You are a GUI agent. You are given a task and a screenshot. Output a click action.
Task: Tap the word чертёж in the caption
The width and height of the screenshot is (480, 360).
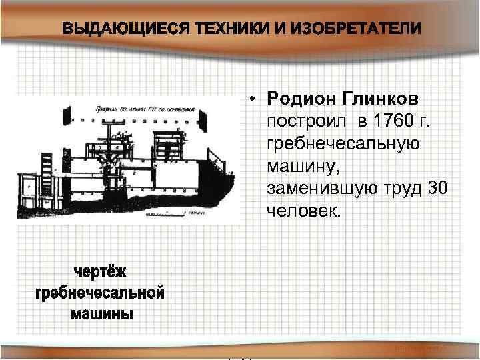click(x=99, y=273)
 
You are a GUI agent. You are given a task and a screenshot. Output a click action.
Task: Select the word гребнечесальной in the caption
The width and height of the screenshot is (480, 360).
click(x=99, y=293)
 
